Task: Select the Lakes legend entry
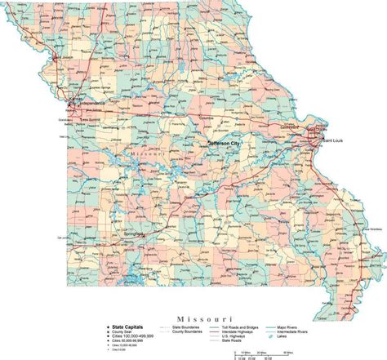[x=302, y=336]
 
